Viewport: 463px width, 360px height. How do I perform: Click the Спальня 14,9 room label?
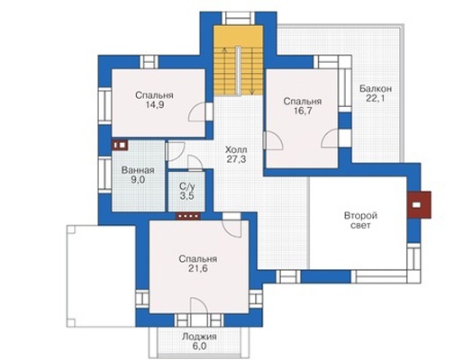point(154,100)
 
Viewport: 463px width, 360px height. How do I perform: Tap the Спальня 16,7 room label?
point(302,106)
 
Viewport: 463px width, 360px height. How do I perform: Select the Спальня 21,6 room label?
point(197,264)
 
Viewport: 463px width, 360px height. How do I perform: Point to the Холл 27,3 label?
point(236,154)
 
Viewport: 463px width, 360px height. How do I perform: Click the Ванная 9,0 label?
point(138,175)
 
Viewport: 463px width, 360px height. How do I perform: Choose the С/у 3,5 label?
point(186,191)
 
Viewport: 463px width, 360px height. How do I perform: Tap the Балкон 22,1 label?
point(376,94)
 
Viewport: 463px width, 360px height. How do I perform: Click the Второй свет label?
point(360,220)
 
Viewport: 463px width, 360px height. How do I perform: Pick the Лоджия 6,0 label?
point(199,341)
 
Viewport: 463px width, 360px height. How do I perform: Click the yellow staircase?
point(239,60)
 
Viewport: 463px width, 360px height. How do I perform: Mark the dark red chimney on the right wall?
point(419,204)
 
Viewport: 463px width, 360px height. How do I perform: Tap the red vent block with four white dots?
point(188,216)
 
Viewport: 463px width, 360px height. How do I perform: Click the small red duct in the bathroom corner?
point(120,145)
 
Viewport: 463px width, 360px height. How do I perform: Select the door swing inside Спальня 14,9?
point(197,112)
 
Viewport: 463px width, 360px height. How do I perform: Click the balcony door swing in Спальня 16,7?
point(330,139)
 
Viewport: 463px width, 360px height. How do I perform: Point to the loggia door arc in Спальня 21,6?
point(199,306)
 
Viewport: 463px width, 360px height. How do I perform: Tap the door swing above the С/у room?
point(195,163)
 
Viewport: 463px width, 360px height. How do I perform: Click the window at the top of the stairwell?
point(239,19)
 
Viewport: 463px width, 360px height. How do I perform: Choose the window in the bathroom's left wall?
point(104,175)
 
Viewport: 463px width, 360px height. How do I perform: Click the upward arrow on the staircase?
point(224,69)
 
